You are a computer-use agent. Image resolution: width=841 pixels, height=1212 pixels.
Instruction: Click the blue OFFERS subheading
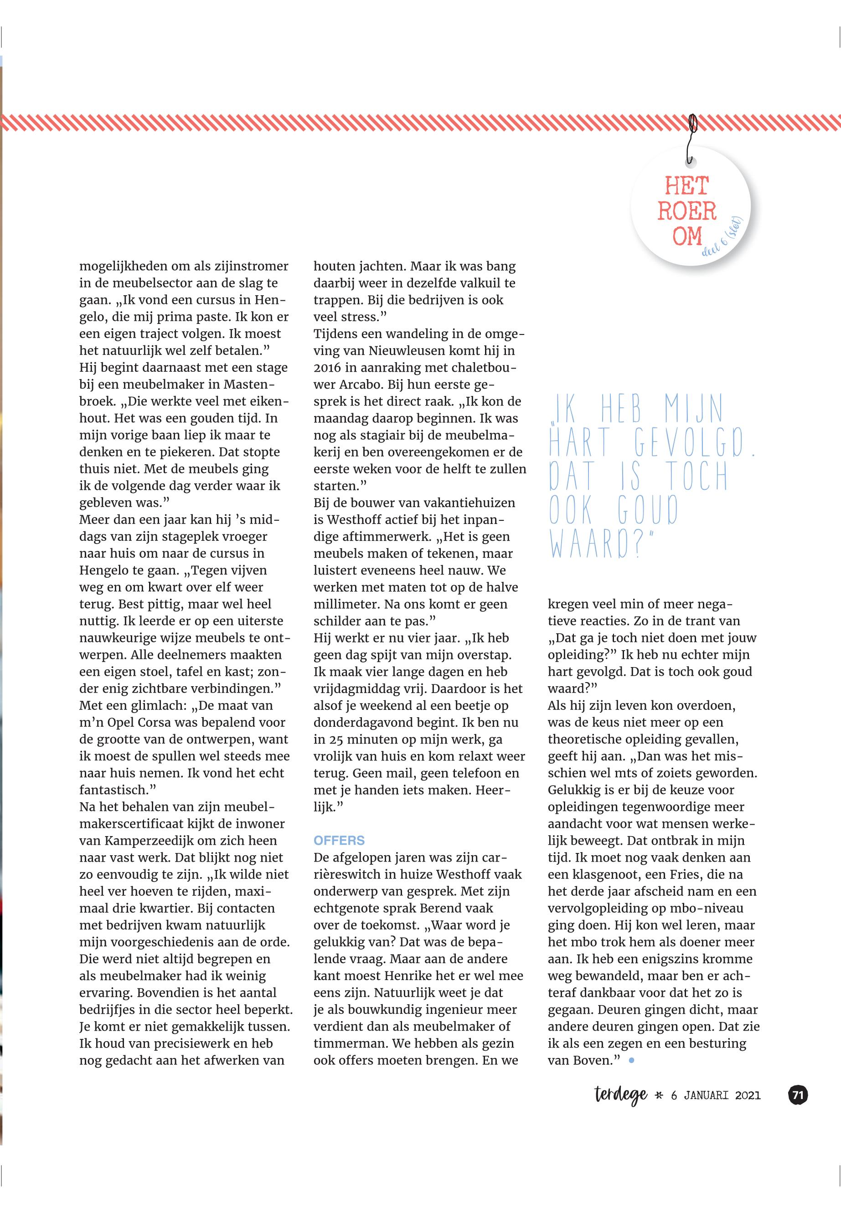(x=339, y=840)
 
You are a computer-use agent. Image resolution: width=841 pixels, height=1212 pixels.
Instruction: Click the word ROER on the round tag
(x=686, y=211)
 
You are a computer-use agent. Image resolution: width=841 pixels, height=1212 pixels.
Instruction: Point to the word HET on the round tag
(x=686, y=186)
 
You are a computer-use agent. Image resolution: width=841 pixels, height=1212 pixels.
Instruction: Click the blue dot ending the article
(x=631, y=1060)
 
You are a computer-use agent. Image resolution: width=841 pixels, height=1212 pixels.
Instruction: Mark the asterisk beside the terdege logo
(x=659, y=1096)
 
